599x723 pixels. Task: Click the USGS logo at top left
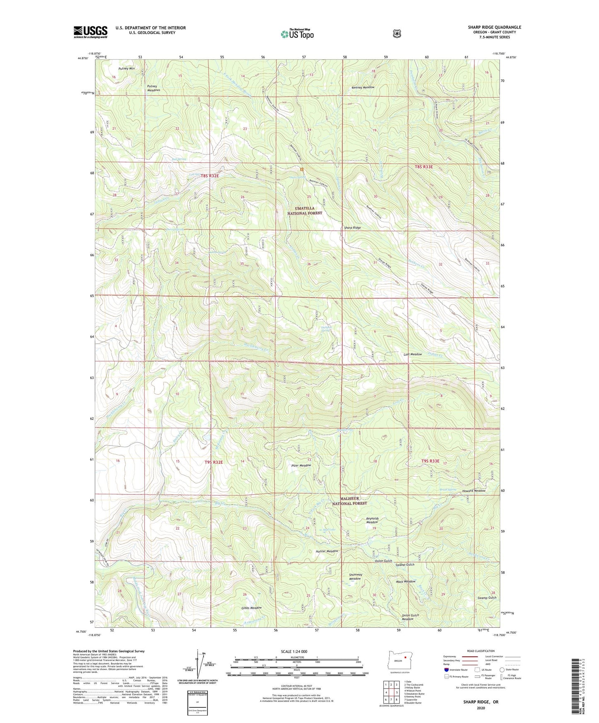[90, 32]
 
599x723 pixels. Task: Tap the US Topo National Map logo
[297, 34]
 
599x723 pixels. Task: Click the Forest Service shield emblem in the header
[397, 34]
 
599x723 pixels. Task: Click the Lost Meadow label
[412, 354]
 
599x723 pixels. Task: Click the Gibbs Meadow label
[252, 608]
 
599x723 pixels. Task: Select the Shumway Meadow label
[355, 576]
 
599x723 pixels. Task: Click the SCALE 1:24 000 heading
[294, 651]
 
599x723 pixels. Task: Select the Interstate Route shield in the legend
[446, 670]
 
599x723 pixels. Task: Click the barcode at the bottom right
[575, 687]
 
